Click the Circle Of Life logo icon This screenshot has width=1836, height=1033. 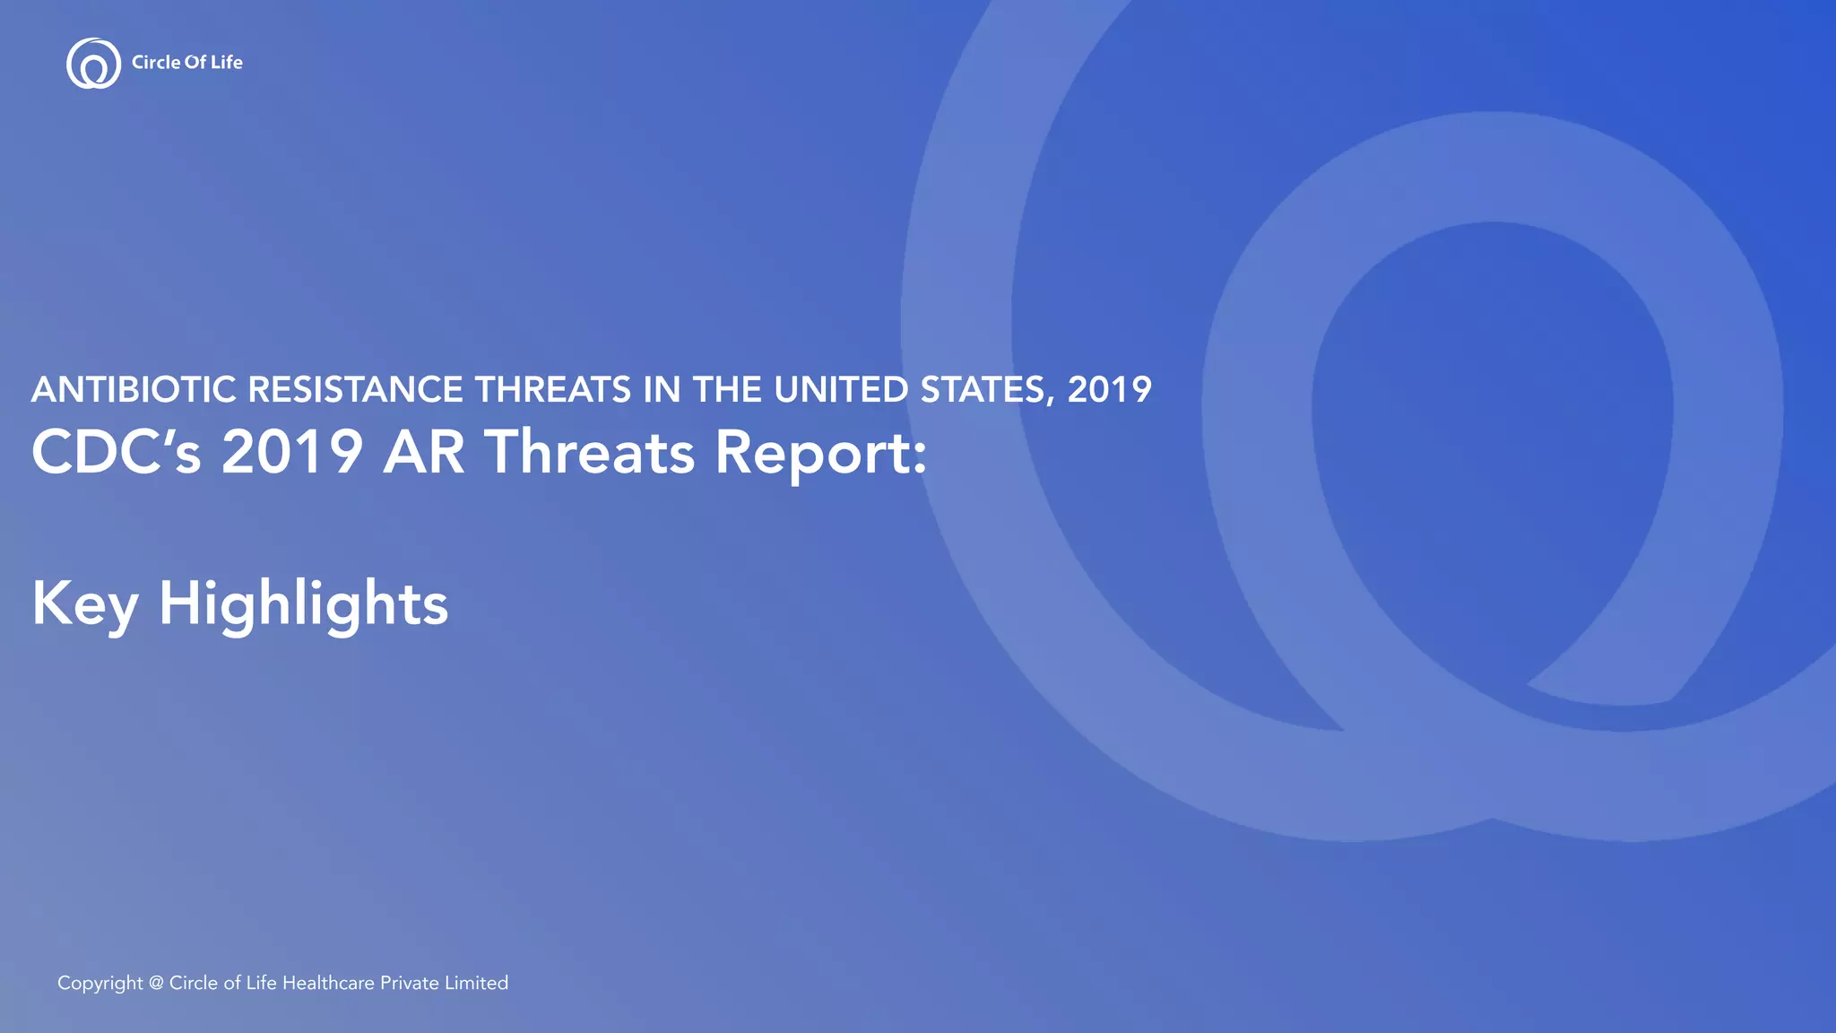click(93, 64)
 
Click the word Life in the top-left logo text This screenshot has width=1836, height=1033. click(227, 62)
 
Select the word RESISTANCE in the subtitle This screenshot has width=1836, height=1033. click(355, 390)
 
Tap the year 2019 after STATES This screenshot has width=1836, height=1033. click(1109, 390)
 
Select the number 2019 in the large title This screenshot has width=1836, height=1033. click(292, 452)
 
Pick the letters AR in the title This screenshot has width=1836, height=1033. click(424, 452)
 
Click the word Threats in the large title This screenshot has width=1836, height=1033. click(590, 452)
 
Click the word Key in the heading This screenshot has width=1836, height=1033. click(84, 604)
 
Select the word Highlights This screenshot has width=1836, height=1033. click(303, 604)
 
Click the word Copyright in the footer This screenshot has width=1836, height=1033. click(100, 984)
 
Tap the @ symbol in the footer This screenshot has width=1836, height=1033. click(156, 984)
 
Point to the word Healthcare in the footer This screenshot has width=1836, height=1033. click(328, 984)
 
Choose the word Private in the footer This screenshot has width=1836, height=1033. click(409, 984)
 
